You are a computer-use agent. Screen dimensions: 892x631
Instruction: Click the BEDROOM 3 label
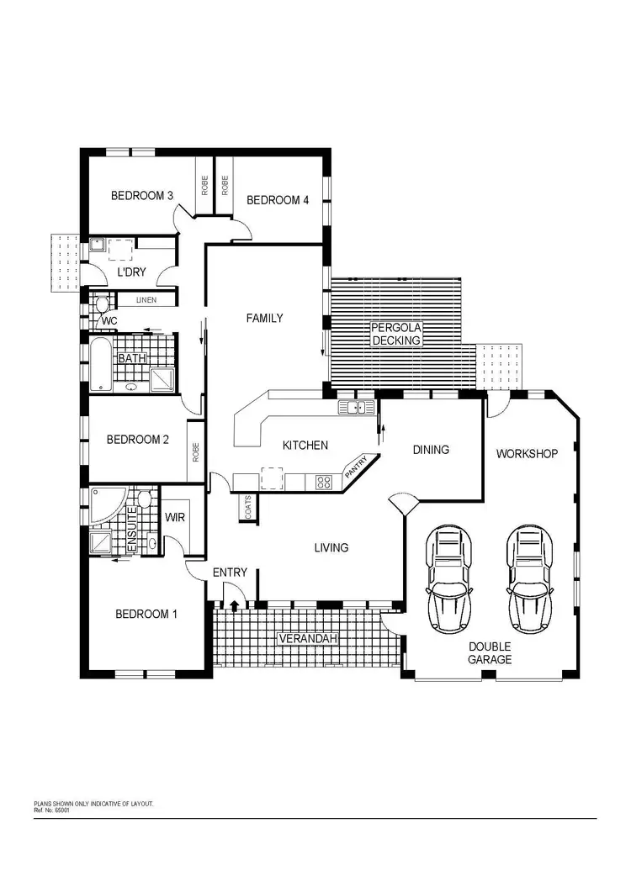(142, 196)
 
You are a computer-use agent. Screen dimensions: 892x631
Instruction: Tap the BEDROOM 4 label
(278, 200)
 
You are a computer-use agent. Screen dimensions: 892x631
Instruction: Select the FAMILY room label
(264, 319)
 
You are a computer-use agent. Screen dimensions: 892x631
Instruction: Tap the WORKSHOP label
(527, 454)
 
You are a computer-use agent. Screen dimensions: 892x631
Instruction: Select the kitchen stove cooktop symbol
(322, 482)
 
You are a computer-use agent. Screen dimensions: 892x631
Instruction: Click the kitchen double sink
(356, 408)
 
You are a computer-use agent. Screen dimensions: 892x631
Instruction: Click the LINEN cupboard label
(146, 300)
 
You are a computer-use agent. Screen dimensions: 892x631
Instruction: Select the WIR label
(175, 518)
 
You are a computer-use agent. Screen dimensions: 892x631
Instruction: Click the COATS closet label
(248, 507)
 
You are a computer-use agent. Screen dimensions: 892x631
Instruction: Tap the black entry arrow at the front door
(233, 604)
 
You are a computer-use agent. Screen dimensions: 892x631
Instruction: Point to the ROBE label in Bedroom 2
(195, 453)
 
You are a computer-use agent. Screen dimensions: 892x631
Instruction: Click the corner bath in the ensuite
(106, 504)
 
